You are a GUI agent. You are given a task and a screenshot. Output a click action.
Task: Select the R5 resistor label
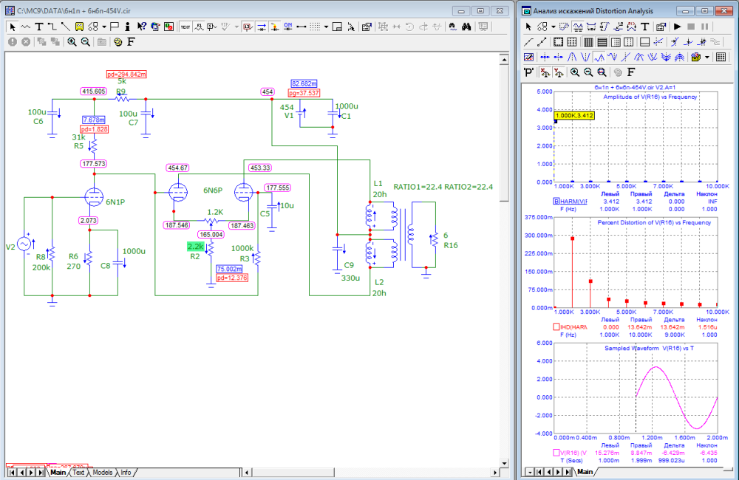point(78,147)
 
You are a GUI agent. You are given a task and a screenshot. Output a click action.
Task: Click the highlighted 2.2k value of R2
point(196,246)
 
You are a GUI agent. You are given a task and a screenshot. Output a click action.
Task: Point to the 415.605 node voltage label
point(95,91)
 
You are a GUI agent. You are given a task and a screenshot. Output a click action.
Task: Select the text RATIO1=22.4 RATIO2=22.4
point(443,186)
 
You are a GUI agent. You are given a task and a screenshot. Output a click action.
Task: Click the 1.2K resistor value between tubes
point(214,211)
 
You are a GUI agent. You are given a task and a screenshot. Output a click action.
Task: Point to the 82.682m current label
point(304,83)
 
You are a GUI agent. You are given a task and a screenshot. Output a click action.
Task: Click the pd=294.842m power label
point(126,75)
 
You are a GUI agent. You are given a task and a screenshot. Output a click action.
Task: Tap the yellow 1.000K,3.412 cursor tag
point(574,115)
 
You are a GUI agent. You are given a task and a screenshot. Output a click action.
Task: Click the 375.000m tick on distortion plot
point(538,218)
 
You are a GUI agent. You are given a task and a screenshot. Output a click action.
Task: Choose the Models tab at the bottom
point(103,472)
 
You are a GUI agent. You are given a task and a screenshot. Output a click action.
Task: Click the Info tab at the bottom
point(126,472)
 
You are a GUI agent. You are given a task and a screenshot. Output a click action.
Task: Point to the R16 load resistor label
point(451,245)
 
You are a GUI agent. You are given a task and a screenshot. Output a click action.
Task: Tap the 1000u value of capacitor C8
point(134,251)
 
